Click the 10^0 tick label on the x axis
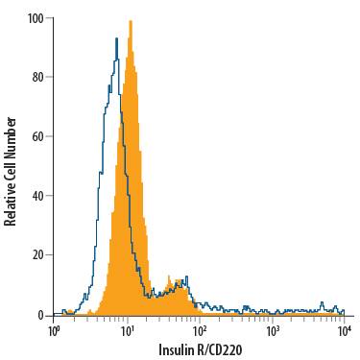click(x=55, y=330)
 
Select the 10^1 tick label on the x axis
click(x=128, y=330)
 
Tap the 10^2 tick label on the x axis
click(x=200, y=330)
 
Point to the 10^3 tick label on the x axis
click(x=273, y=330)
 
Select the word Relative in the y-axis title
click(x=11, y=201)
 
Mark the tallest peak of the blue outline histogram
click(x=116, y=38)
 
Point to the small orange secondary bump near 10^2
click(x=174, y=281)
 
